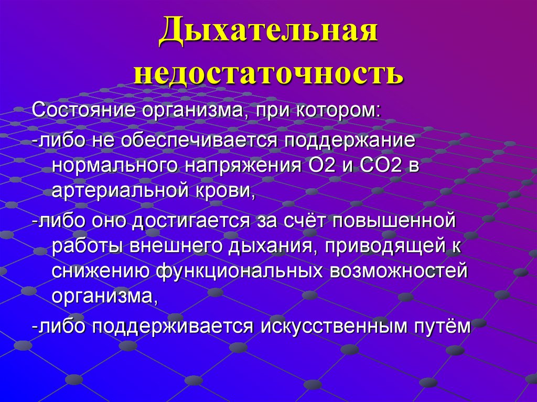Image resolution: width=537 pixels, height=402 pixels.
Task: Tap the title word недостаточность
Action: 268,74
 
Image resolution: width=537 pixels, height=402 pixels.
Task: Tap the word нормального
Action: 113,166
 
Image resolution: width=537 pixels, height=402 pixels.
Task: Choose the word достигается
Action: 196,220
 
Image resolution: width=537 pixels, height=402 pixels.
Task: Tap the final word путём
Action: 439,326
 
